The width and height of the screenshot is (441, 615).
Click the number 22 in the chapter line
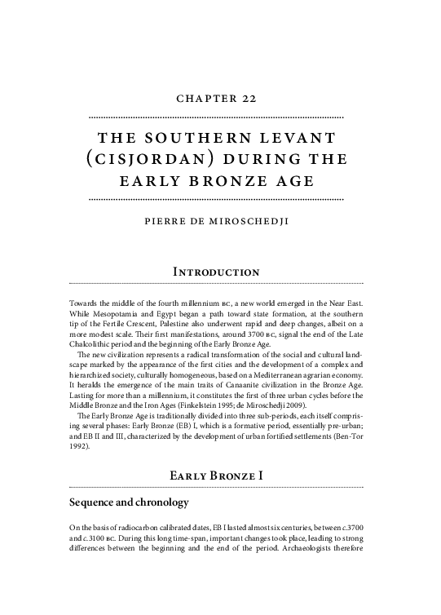249,99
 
